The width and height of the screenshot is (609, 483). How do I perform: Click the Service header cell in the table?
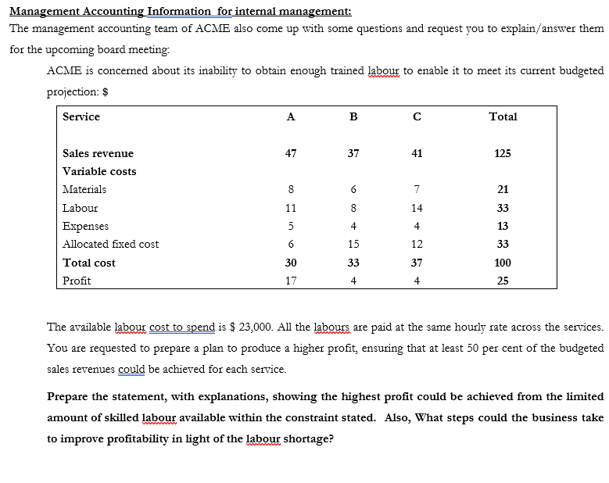click(x=81, y=116)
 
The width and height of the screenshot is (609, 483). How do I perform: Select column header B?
click(x=353, y=117)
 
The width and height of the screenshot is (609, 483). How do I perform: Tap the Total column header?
click(x=503, y=116)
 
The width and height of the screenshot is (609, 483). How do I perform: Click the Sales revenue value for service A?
click(x=290, y=153)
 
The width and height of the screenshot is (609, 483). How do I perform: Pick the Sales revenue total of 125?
click(x=503, y=153)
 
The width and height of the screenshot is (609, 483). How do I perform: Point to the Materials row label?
click(x=84, y=189)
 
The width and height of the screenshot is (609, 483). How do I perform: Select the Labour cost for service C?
click(x=417, y=208)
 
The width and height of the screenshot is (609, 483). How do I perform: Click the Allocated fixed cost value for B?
click(x=353, y=244)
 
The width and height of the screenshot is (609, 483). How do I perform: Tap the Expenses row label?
click(x=85, y=226)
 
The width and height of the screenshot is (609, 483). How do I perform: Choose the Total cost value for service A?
click(x=290, y=263)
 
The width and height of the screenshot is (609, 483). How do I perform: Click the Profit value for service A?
click(x=290, y=281)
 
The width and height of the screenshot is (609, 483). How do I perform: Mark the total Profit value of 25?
click(x=503, y=281)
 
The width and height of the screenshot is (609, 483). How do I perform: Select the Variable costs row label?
click(x=99, y=171)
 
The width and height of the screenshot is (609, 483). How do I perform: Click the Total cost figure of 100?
click(x=503, y=263)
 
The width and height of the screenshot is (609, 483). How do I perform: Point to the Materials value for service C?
click(x=417, y=189)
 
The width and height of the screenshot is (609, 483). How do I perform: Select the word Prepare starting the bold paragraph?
click(x=71, y=396)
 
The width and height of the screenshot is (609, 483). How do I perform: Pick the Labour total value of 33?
click(x=503, y=208)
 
